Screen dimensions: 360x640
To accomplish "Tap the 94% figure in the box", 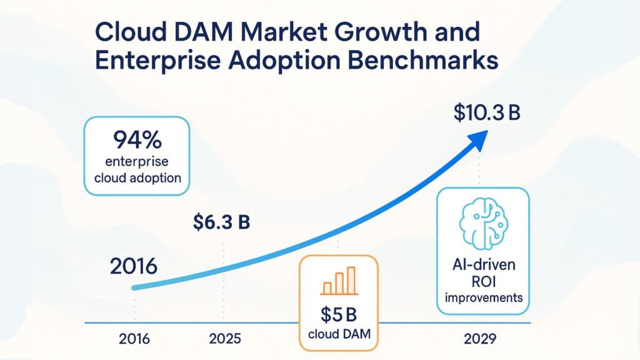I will pyautogui.click(x=137, y=137).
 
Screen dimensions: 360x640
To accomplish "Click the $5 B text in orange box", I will pyautogui.click(x=338, y=312).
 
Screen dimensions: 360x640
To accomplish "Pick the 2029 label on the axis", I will pyautogui.click(x=481, y=339).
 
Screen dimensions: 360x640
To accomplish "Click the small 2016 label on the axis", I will pyautogui.click(x=134, y=339).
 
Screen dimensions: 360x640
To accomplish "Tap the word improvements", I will pyautogui.click(x=483, y=297).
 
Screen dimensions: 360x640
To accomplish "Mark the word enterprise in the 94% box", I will pyautogui.click(x=137, y=161).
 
